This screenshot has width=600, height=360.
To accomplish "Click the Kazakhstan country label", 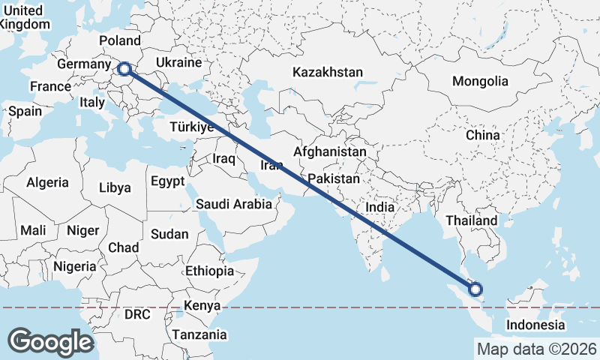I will (x=328, y=73).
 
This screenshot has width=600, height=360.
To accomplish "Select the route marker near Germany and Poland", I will (x=124, y=70).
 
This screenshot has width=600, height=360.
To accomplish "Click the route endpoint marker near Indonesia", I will (x=475, y=289).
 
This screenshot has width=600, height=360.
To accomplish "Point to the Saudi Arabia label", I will (x=233, y=203).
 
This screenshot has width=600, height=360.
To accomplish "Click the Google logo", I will (x=50, y=342).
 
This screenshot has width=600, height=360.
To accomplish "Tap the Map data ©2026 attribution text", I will (x=537, y=349).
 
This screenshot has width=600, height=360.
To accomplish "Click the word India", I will (x=379, y=207).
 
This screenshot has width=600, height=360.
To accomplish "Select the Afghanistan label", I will (x=330, y=151).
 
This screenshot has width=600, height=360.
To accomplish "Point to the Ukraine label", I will (x=178, y=62).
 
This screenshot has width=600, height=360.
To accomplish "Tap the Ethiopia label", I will (x=209, y=271).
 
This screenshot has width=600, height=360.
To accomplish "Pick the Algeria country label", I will (x=47, y=182).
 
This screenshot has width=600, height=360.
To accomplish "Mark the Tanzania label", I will (x=199, y=334).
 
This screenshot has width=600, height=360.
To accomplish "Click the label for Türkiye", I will (x=192, y=127).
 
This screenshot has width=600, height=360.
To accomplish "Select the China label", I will (x=482, y=135).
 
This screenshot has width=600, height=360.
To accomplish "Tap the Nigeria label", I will (x=74, y=266).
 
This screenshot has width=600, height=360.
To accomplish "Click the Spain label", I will (x=25, y=111).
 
